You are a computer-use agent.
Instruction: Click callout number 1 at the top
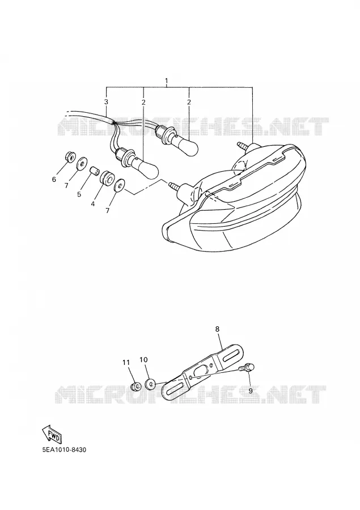167,80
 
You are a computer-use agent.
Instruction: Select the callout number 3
106,102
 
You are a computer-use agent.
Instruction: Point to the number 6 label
54,179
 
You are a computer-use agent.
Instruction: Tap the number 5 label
79,194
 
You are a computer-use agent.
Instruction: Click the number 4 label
93,204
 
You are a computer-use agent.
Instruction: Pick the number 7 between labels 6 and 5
66,185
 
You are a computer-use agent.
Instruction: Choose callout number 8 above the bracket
218,329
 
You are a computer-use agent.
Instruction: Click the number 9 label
251,390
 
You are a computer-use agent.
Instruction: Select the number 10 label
143,359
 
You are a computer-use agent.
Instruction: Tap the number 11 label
126,362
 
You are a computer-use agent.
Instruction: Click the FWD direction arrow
51,435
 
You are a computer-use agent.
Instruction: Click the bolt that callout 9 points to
246,368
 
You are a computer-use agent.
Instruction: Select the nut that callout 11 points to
135,386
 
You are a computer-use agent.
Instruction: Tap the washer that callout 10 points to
150,384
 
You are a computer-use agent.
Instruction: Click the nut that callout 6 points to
69,156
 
